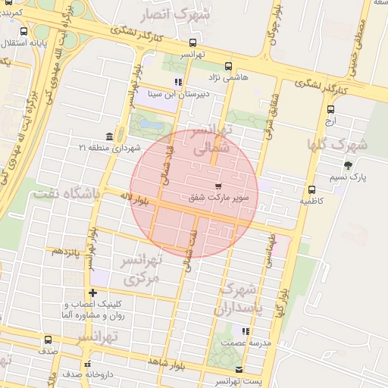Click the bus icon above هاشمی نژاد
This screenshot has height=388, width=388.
229,66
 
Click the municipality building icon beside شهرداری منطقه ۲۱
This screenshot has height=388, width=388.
111,136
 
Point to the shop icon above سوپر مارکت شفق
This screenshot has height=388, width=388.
219,186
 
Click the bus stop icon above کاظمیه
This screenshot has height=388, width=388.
311,189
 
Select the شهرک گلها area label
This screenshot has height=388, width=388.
336,144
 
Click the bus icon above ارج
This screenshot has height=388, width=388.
330,109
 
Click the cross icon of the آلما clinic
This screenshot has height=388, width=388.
93,293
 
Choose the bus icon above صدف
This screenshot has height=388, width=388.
48,339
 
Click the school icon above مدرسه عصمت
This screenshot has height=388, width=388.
244,330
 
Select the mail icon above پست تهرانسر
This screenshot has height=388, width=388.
239,369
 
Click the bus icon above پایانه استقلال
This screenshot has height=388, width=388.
23,32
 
